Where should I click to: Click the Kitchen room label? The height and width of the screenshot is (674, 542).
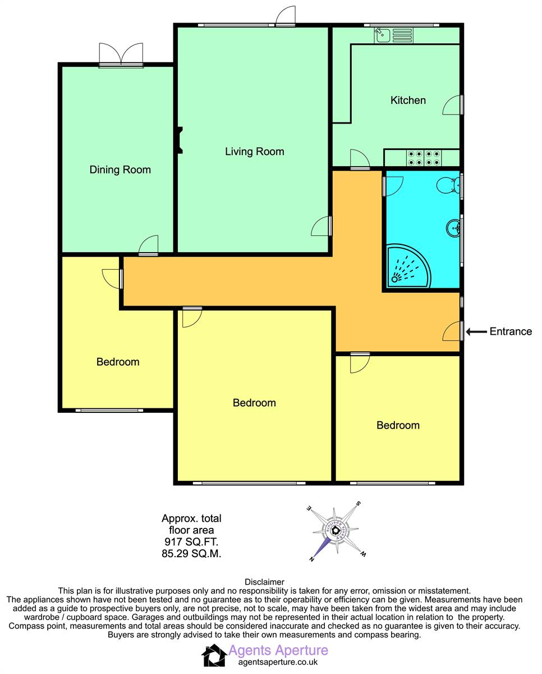click(408, 100)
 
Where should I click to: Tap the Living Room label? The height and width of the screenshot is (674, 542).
click(254, 152)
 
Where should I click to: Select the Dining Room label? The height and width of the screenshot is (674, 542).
click(120, 170)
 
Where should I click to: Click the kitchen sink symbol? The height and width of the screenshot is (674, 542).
click(393, 35)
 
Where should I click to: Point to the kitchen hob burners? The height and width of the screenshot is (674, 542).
click(424, 158)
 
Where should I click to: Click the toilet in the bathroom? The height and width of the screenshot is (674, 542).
click(448, 185)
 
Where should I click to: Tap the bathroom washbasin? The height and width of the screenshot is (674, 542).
click(453, 227)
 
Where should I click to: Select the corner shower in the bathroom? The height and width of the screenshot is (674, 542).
click(408, 266)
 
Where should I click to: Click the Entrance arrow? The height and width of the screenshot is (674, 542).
click(476, 332)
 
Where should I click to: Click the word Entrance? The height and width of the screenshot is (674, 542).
click(511, 331)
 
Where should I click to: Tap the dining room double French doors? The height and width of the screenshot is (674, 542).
click(121, 55)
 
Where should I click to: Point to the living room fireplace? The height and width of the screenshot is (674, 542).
click(180, 140)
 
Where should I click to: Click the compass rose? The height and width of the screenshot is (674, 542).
click(336, 531)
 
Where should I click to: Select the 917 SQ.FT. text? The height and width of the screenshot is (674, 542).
click(191, 541)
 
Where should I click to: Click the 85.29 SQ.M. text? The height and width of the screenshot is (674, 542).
click(191, 553)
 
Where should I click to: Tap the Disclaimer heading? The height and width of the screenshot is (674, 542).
click(264, 582)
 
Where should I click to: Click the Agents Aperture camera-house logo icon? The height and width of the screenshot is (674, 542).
click(214, 655)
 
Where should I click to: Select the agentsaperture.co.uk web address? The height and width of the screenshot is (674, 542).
click(278, 662)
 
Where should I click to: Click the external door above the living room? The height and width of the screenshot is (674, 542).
click(286, 16)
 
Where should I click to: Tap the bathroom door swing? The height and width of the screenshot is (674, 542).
click(393, 186)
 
